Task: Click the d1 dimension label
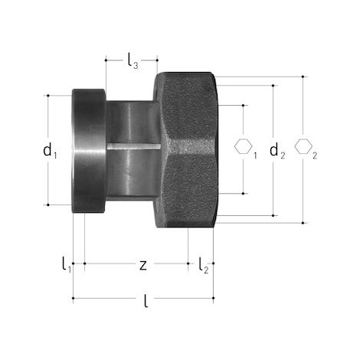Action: [50, 151]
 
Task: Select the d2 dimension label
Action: [277, 151]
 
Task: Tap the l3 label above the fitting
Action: [133, 62]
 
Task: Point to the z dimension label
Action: [143, 266]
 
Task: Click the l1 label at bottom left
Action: [67, 265]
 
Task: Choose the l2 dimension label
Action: [204, 266]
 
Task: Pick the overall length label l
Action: [146, 301]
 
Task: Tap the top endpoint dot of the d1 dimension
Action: [48, 96]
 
